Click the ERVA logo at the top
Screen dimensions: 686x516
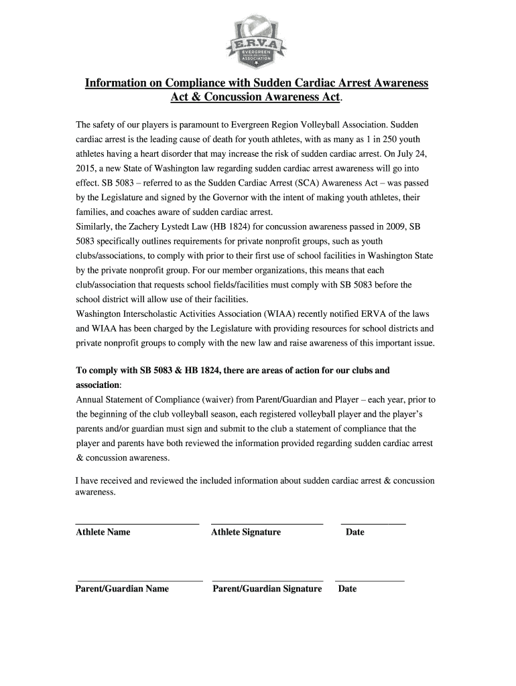(257, 42)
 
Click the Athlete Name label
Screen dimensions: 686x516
(103, 533)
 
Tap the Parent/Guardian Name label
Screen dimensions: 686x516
(122, 590)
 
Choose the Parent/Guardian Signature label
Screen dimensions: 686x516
(267, 590)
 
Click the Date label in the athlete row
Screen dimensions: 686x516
(354, 533)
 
